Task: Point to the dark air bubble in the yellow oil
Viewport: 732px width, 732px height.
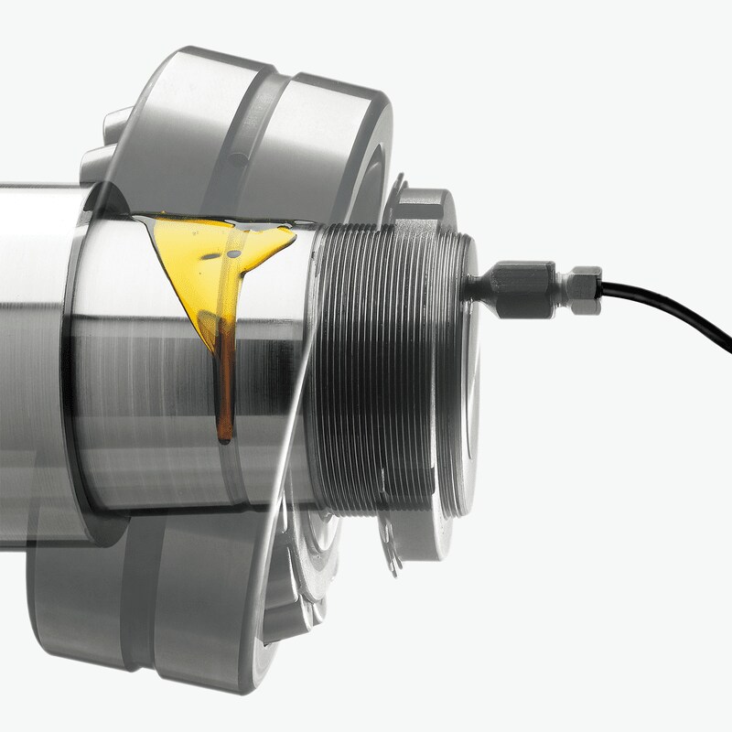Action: (232, 248)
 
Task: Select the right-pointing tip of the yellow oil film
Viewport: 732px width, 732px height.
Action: (293, 240)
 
